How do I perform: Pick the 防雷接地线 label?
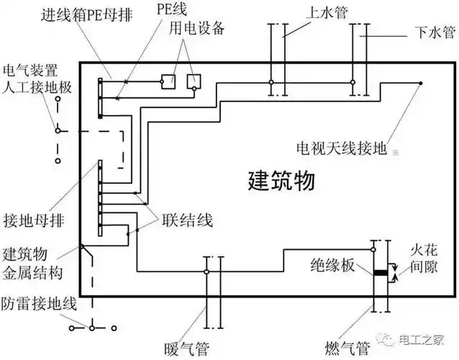pyautogui.click(x=37, y=303)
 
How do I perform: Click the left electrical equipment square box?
pyautogui.click(x=168, y=81)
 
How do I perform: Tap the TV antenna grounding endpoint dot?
pyautogui.click(x=421, y=83)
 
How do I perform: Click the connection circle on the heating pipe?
pyautogui.click(x=206, y=272)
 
